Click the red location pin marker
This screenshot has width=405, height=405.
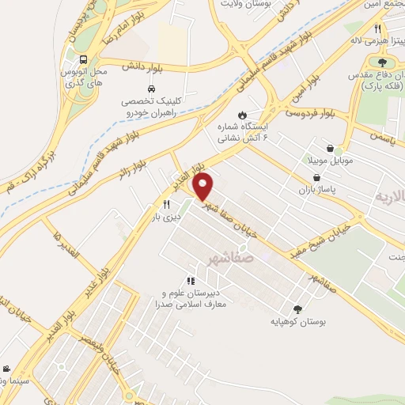coord(204,187)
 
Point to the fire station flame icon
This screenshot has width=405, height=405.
coord(241,113)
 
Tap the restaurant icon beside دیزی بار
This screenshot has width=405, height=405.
coord(166,203)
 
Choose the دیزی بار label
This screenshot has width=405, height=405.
coord(167,215)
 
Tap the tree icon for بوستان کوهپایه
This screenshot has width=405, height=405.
coord(297,309)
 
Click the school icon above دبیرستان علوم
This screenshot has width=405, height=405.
coord(190,280)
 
